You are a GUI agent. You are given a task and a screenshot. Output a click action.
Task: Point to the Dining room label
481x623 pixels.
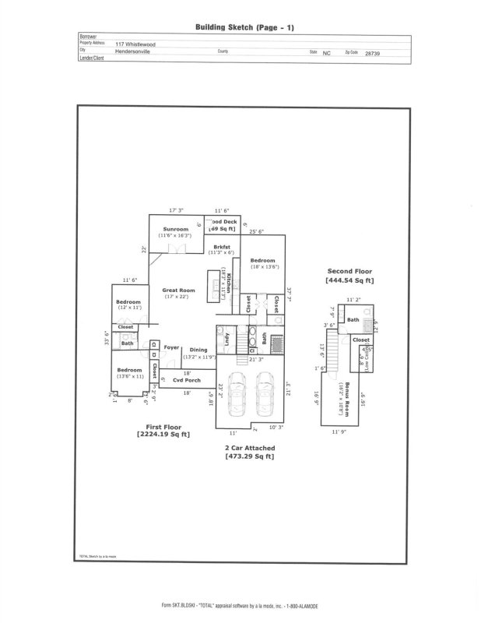[198, 350]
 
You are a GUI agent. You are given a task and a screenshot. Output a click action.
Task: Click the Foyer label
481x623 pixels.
[171, 347]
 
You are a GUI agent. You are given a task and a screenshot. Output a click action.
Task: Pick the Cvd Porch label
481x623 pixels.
[187, 379]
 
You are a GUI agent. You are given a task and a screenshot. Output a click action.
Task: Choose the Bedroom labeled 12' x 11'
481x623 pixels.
[129, 302]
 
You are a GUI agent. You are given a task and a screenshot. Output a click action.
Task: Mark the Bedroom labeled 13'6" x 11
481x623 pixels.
[129, 370]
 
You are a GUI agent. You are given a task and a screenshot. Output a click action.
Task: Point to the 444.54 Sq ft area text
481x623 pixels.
[349, 280]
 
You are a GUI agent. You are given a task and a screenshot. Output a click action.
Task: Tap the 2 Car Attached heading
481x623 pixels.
[248, 449]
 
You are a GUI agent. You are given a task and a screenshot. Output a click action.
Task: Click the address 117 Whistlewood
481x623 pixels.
[135, 44]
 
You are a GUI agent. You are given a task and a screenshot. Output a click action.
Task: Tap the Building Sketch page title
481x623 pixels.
[244, 27]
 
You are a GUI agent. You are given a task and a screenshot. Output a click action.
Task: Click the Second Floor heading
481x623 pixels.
[349, 271]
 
